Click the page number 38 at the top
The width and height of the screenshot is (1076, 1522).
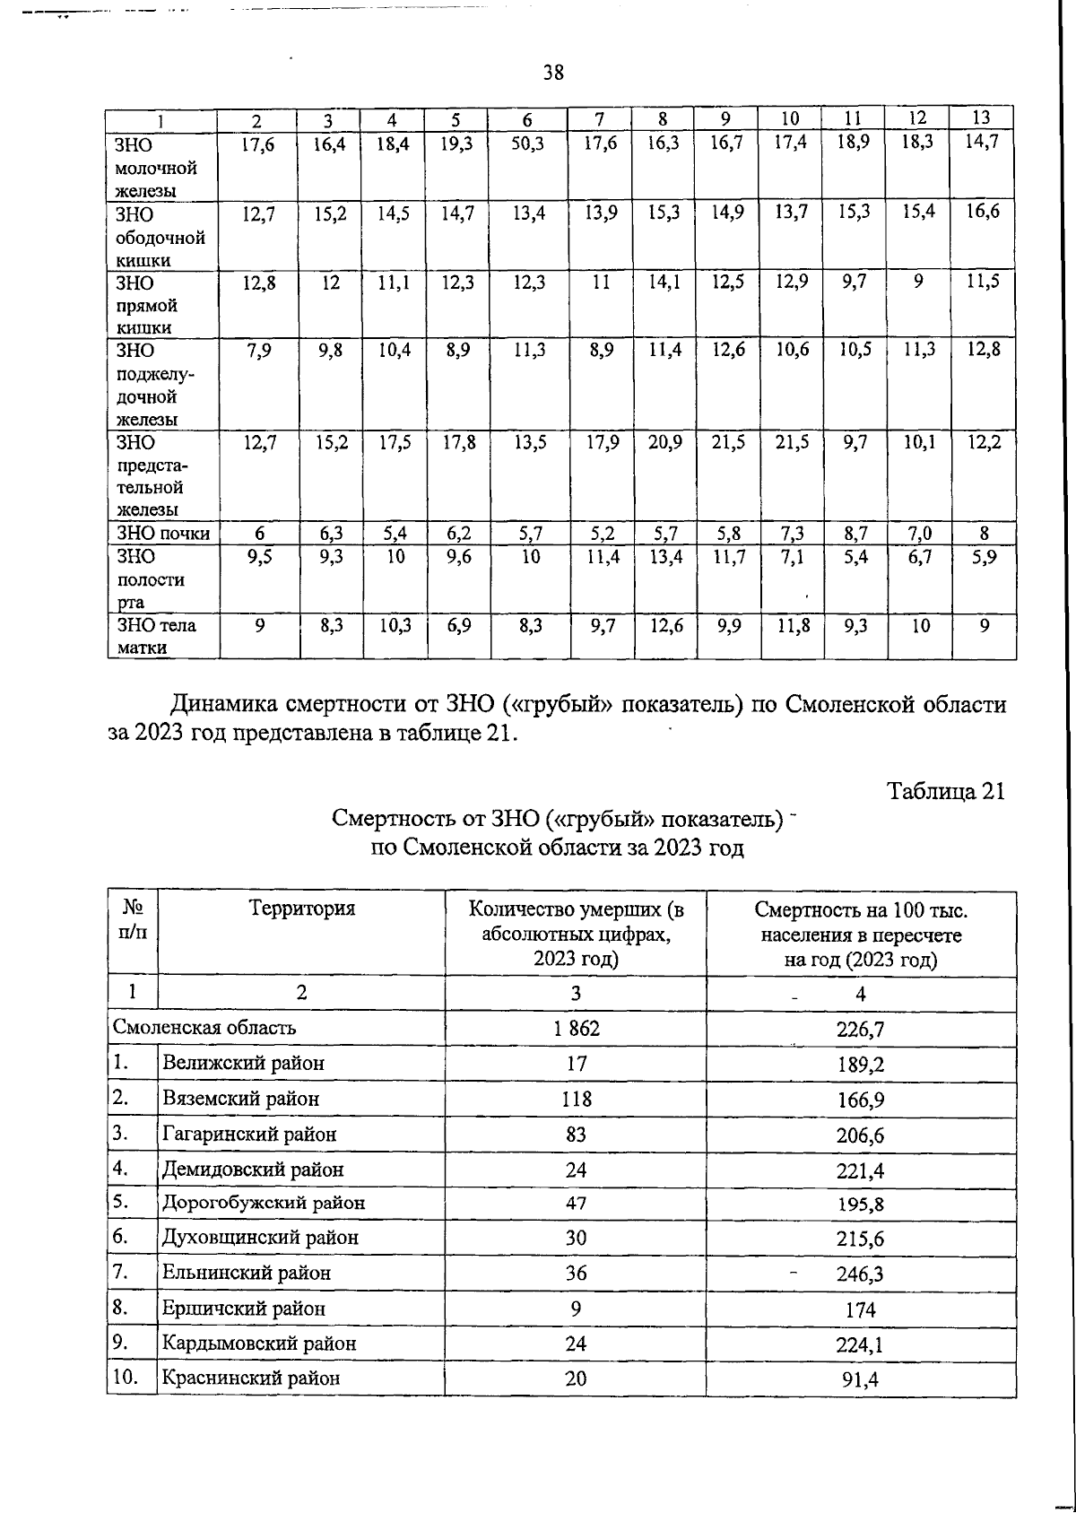coord(553,74)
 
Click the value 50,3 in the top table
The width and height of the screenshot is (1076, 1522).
coord(527,144)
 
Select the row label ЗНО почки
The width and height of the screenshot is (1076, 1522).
coord(162,534)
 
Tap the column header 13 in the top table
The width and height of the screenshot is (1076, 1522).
coord(981,117)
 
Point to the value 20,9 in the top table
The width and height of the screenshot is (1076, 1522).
coord(664,441)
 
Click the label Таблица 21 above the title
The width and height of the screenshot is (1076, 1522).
coord(945,791)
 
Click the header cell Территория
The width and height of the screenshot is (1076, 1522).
coord(302,908)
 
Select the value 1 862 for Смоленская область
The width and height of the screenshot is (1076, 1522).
coord(576,1029)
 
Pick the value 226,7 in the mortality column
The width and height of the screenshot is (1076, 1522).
coord(860,1030)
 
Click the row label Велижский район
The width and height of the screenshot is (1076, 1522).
coord(243,1064)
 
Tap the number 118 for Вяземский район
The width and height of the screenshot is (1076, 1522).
coord(576,1099)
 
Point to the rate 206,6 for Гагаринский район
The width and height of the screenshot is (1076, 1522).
coord(860,1135)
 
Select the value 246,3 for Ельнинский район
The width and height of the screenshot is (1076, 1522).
coord(860,1274)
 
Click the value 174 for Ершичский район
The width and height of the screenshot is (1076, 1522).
coord(860,1309)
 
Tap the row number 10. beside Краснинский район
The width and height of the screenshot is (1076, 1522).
coord(125,1377)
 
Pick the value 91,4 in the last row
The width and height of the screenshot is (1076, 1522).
coord(860,1379)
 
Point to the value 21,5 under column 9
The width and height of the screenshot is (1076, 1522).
coord(728,441)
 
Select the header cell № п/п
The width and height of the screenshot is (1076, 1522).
coord(132,918)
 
